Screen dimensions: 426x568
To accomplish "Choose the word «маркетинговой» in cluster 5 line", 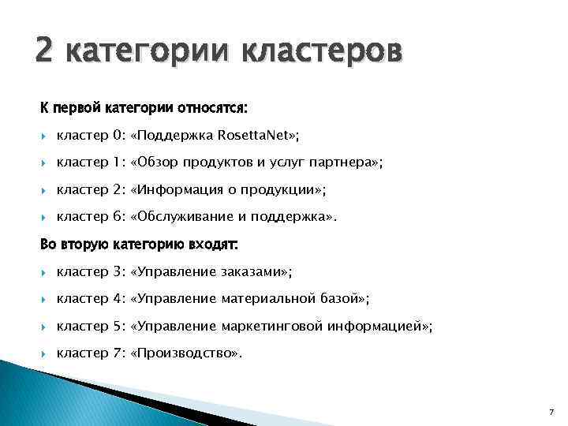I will [x=274, y=326].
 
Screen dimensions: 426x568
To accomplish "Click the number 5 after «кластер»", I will [x=119, y=326].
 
